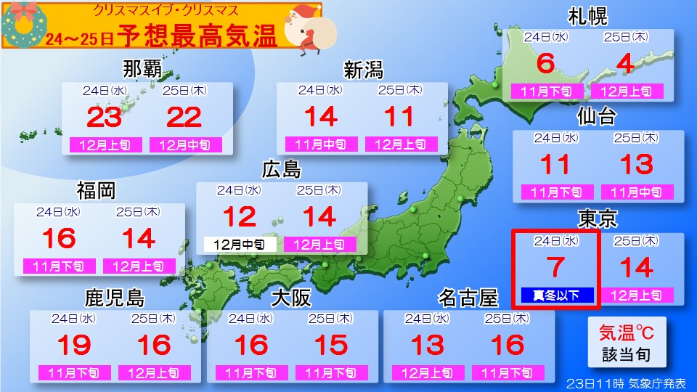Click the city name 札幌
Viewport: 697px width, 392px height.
click(588, 16)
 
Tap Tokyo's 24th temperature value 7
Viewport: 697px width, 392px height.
click(555, 268)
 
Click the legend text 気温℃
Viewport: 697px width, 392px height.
click(626, 333)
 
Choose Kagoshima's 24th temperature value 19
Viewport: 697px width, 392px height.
click(73, 345)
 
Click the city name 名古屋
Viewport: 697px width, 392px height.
click(468, 298)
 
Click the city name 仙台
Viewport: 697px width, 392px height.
click(597, 116)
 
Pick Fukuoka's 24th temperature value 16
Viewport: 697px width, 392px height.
click(59, 238)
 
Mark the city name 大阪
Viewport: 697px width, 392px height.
click(292, 298)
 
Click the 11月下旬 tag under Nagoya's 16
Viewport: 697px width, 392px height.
click(508, 373)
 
